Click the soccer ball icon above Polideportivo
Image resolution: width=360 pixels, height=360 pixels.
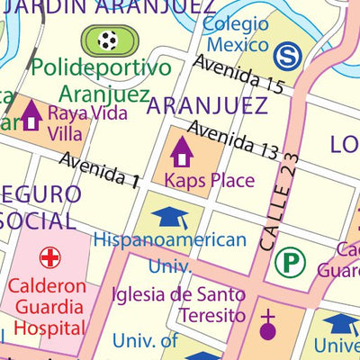click(x=109, y=40)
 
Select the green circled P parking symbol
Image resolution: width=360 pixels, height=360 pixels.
click(x=289, y=263)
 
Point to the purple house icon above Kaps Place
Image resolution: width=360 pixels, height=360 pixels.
click(x=182, y=150)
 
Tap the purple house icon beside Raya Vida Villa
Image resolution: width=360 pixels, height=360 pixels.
click(x=31, y=115)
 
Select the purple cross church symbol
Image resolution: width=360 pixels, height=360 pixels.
click(x=267, y=325)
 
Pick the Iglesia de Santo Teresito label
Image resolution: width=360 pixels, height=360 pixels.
click(x=178, y=304)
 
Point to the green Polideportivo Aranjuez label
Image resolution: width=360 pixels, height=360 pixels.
click(x=102, y=80)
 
